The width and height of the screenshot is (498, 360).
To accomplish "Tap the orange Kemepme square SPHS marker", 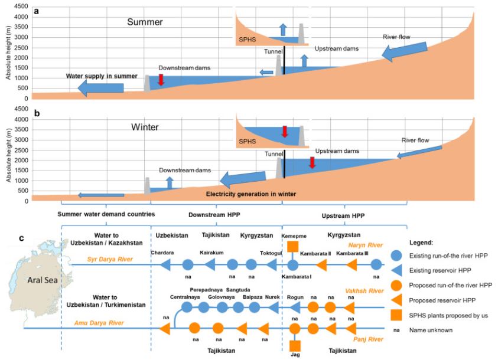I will click(293, 246).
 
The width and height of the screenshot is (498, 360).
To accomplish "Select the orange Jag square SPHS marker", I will click(295, 346).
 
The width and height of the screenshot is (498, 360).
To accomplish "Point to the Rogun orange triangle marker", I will click(295, 307).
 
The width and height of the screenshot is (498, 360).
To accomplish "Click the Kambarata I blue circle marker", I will click(293, 264).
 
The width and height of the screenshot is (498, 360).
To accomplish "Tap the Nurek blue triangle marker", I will click(274, 307).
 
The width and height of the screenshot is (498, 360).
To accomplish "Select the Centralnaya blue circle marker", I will click(187, 307).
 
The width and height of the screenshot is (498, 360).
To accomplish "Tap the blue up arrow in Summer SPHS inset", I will click(282, 31).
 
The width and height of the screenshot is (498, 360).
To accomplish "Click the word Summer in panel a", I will click(145, 22).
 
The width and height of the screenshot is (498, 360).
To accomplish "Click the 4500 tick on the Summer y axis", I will click(20, 6).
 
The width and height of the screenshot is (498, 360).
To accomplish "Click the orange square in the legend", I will click(398, 315).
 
